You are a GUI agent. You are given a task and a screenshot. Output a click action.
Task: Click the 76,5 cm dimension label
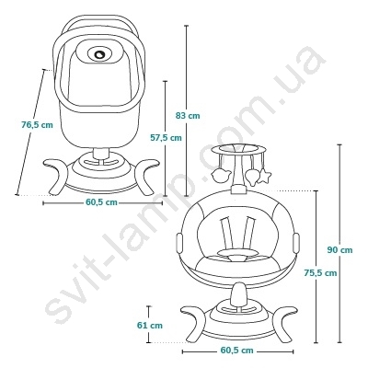37,125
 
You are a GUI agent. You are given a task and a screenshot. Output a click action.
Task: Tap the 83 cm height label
188,116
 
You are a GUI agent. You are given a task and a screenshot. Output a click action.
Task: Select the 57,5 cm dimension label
166,138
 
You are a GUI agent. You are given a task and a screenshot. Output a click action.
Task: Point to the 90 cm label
339,250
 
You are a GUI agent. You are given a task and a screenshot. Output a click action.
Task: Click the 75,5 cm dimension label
320,272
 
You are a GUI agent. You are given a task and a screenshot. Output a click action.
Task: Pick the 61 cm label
150,325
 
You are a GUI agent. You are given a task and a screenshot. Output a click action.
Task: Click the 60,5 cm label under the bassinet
101,202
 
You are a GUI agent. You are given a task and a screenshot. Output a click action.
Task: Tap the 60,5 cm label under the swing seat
237,351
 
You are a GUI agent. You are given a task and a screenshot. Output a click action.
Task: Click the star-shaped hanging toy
264,177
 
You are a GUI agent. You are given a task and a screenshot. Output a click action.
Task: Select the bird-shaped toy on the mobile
220,175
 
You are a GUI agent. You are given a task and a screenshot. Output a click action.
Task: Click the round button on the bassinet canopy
100,54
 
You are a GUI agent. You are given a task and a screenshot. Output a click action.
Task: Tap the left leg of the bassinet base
57,176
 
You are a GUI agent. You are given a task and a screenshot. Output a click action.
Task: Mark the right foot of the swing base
282,323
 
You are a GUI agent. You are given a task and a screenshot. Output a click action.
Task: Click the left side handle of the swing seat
179,243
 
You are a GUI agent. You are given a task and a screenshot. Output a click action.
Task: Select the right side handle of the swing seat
296,243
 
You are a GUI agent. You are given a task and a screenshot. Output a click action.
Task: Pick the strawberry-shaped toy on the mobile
251,177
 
